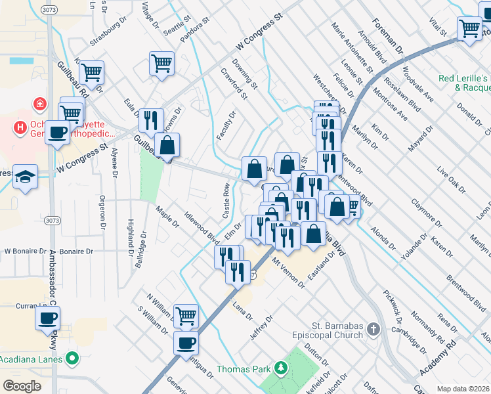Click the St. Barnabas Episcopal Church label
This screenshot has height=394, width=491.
pos(328,330)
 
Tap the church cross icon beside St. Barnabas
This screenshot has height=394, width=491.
pos(374,329)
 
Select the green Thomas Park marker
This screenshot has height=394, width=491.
pos(282,369)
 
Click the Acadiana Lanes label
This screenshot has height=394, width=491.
pos(32,359)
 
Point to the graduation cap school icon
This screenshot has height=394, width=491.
pos(26,176)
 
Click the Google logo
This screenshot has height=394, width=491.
pos(22,386)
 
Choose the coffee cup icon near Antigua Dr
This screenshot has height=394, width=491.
pos(186,342)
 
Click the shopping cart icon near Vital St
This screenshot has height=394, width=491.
pos(470,28)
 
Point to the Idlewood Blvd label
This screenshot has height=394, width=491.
pos(200,227)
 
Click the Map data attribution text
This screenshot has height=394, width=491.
pos(463,389)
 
